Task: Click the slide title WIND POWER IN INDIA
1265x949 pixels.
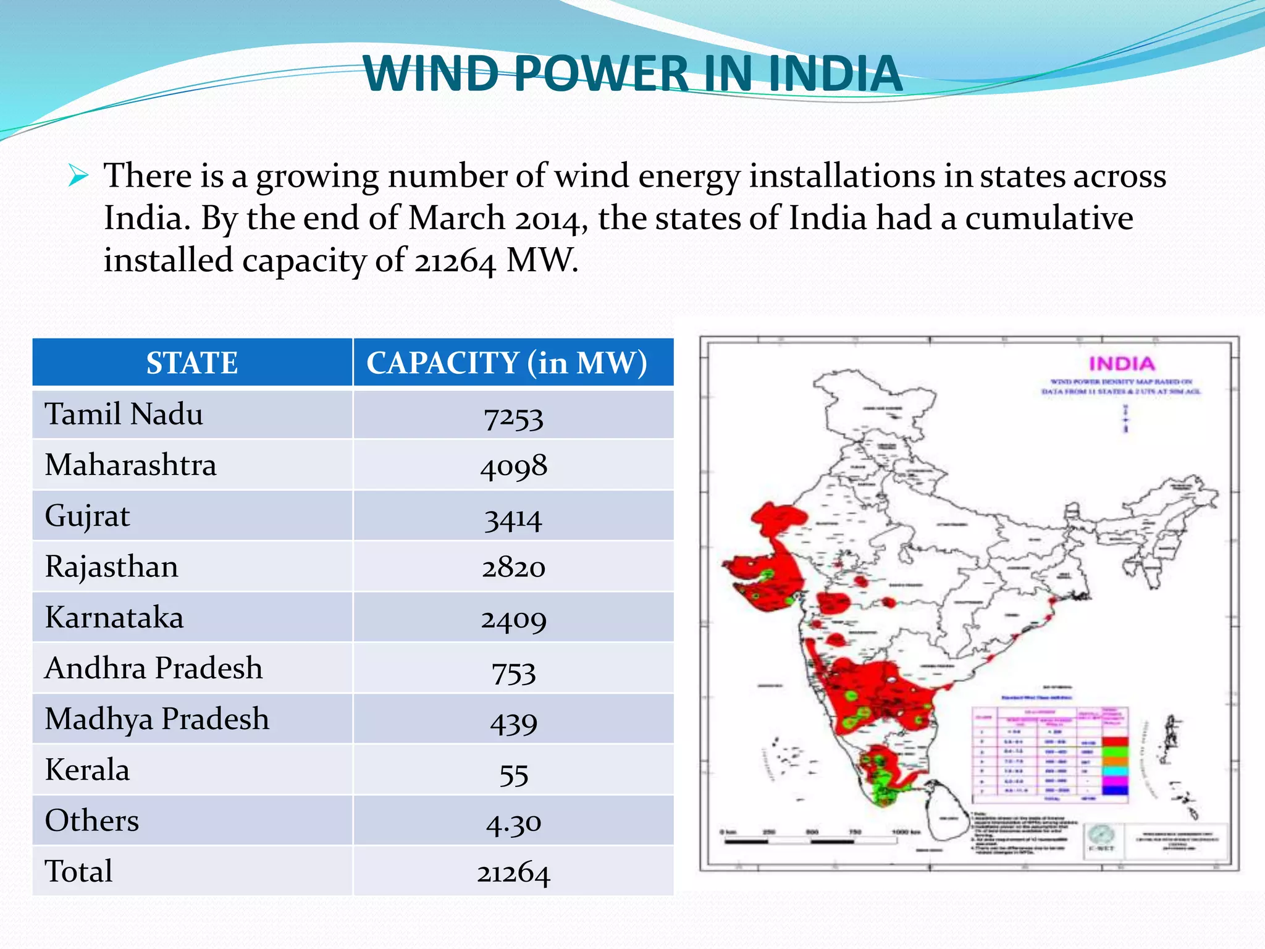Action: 632,74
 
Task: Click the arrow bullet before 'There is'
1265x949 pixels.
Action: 78,176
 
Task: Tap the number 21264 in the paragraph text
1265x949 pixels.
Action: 455,261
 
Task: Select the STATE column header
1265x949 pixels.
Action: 192,363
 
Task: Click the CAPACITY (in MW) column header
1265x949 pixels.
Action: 506,363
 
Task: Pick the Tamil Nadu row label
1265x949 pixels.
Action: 124,414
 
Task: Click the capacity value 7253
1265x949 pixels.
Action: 513,418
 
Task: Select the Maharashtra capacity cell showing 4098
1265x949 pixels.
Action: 513,466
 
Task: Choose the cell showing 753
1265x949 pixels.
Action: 513,672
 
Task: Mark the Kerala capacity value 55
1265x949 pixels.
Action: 513,774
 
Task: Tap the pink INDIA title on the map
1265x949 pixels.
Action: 1121,363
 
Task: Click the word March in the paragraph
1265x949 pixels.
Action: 457,219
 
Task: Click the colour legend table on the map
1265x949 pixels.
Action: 1050,755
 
